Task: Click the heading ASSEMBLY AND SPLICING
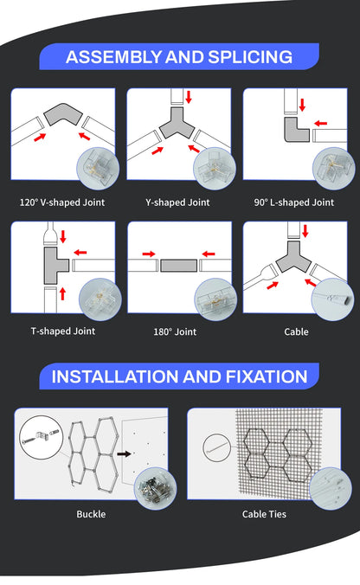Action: tap(179, 57)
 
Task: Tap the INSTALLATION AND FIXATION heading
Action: tap(179, 376)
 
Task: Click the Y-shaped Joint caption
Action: tap(178, 202)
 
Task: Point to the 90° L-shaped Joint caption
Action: tap(294, 202)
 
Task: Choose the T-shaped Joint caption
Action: tap(62, 331)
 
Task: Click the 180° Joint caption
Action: tap(178, 331)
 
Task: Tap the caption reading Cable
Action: tap(295, 331)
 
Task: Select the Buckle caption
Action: tap(91, 514)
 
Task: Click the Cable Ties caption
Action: tap(265, 514)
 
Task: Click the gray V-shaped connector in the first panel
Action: tap(61, 115)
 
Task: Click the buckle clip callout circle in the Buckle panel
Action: tap(35, 433)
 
